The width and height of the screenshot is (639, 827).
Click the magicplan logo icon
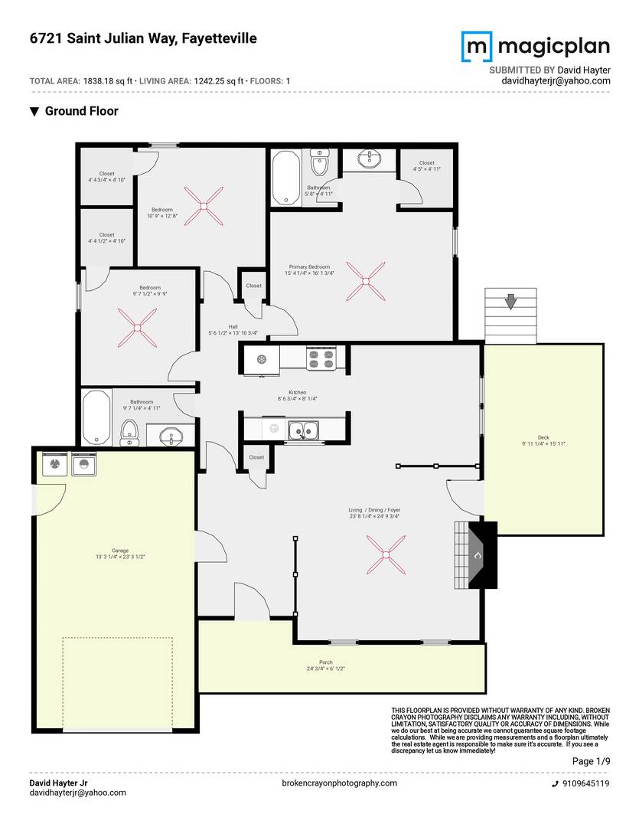pos(476,47)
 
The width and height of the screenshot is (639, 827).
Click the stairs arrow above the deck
pos(510,303)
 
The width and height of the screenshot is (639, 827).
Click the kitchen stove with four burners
pos(321,359)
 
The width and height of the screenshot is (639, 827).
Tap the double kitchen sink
pos(304,431)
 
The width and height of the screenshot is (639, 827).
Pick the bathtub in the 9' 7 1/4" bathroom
pos(96,417)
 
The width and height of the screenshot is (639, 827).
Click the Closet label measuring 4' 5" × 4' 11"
pos(426,166)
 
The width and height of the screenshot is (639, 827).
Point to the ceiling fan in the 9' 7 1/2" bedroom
pos(137,328)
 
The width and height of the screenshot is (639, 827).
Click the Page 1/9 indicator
pos(591,761)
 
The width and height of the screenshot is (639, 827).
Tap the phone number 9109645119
pos(585,783)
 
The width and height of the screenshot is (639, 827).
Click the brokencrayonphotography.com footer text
pos(340,783)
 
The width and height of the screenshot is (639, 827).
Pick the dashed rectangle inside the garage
pos(117,684)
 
